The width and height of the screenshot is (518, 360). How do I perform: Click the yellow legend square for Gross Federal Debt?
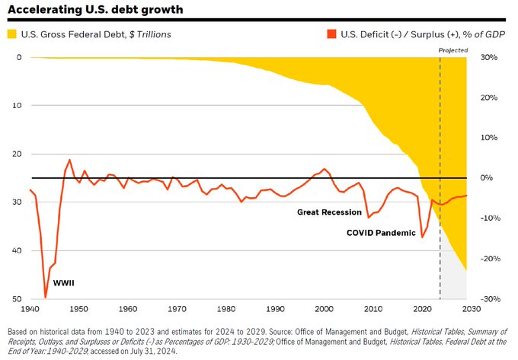tap(11, 34)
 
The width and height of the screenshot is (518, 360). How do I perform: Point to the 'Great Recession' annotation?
tap(328, 212)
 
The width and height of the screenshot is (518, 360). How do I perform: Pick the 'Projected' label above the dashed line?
tap(453, 49)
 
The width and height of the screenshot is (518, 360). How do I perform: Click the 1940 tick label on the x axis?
tap(30, 309)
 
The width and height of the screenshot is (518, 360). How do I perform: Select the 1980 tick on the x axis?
tap(226, 309)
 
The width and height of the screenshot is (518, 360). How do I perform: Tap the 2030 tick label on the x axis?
tap(469, 309)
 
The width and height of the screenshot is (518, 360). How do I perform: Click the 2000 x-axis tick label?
tap(324, 309)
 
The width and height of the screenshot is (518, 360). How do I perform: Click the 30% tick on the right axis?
tap(488, 58)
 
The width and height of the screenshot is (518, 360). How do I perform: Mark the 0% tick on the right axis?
tap(488, 178)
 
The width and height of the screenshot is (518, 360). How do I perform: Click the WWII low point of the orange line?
tap(45, 297)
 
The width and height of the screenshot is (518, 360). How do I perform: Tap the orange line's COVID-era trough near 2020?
tap(423, 237)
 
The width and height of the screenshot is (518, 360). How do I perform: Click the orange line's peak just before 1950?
tap(69, 160)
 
